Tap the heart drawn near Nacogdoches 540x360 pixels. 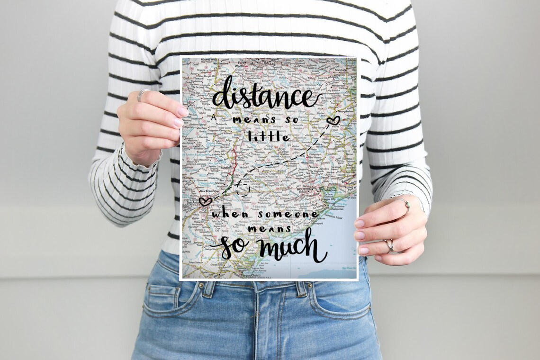pos(333,120)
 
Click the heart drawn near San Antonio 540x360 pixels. pos(205,201)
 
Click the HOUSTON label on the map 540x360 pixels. pos(306,189)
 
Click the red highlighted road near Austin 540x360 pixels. pos(234,159)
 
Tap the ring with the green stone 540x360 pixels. pos(405,204)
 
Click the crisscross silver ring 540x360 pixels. pos(389,244)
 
